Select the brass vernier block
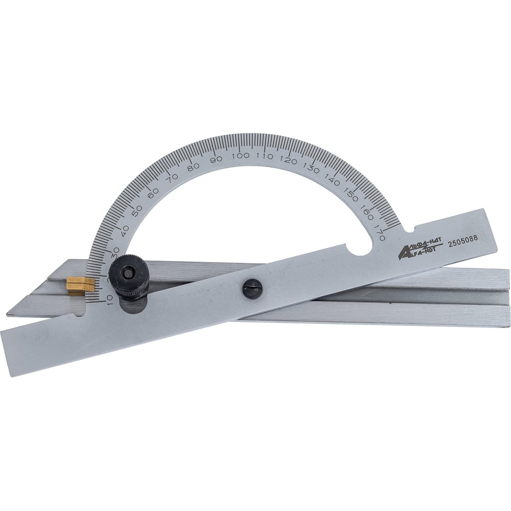tap(81, 286)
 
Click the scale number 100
tap(241, 155)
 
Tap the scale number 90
tap(216, 159)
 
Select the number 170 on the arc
tap(380, 231)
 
